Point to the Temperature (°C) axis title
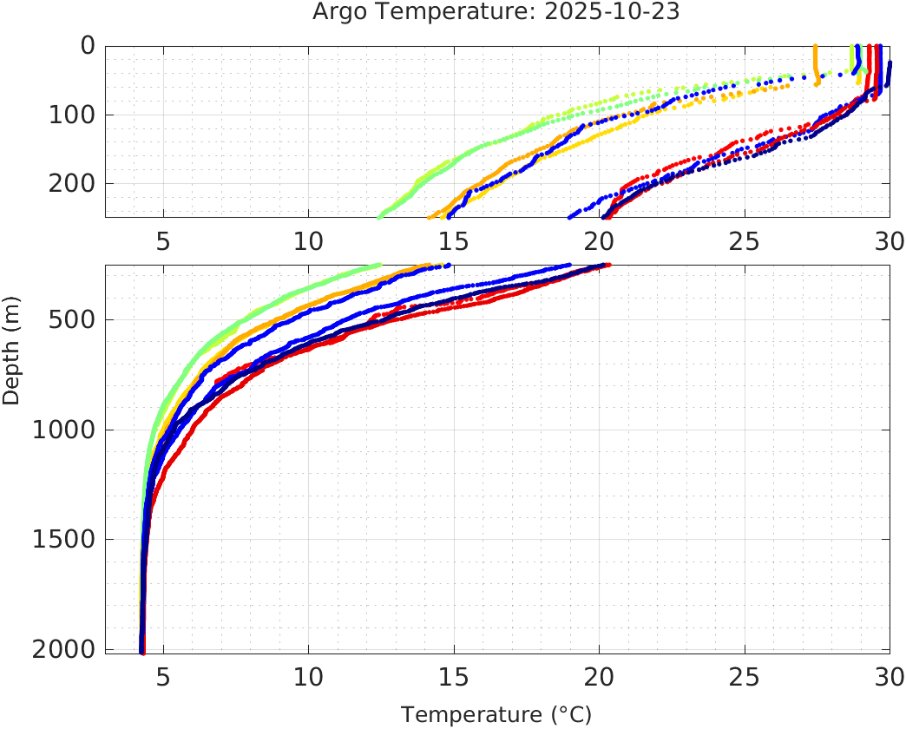[x=496, y=714]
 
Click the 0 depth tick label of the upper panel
[x=87, y=45]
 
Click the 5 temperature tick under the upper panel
[x=163, y=240]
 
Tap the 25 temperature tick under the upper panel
[x=744, y=240]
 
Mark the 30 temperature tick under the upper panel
[x=888, y=240]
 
